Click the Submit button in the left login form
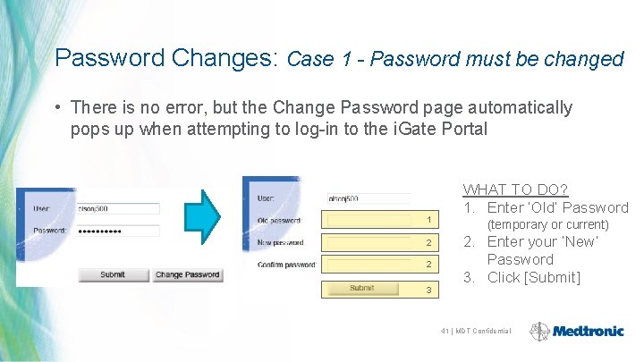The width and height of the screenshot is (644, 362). click(x=113, y=274)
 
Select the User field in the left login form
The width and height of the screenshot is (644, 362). click(x=117, y=208)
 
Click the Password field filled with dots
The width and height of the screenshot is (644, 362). click(x=117, y=231)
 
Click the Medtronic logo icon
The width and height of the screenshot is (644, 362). click(x=540, y=332)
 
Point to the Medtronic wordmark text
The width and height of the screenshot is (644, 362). click(x=589, y=332)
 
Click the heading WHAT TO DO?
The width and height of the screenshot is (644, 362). click(x=514, y=189)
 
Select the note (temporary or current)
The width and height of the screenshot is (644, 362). click(x=547, y=224)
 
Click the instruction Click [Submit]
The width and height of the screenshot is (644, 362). click(x=533, y=277)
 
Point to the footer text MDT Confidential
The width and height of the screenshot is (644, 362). click(x=484, y=332)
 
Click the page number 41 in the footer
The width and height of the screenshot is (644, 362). click(x=445, y=332)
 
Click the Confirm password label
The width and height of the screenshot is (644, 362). click(x=286, y=265)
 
